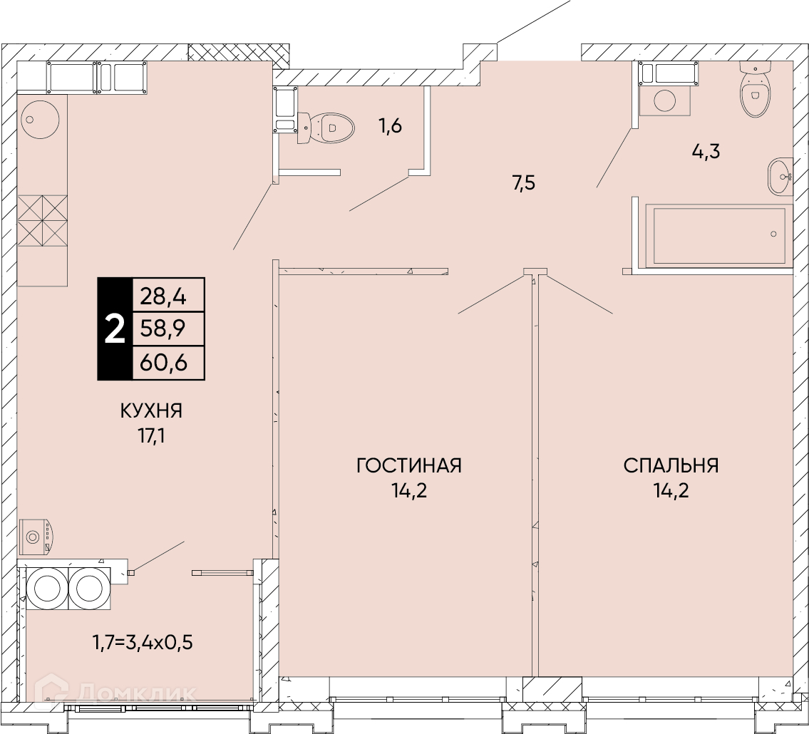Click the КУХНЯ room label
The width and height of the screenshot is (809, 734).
coord(151,411)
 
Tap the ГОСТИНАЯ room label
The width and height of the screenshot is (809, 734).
coord(408,465)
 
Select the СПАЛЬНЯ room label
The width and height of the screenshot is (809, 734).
coord(671,465)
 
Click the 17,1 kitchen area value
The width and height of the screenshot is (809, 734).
coord(151,437)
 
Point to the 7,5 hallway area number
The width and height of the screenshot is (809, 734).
coord(524,182)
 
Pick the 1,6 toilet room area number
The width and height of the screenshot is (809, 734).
coord(391,125)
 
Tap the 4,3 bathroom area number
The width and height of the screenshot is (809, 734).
coord(706,152)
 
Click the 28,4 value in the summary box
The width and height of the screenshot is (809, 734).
coord(163,296)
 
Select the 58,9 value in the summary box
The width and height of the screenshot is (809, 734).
coord(163,329)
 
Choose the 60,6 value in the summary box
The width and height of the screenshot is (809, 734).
coord(163,363)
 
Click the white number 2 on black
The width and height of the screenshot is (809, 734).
coord(115,329)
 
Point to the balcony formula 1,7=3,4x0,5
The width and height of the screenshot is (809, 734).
coord(143,643)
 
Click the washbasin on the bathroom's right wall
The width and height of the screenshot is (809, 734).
coord(780,177)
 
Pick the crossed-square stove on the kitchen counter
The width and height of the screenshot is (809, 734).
coord(43,221)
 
